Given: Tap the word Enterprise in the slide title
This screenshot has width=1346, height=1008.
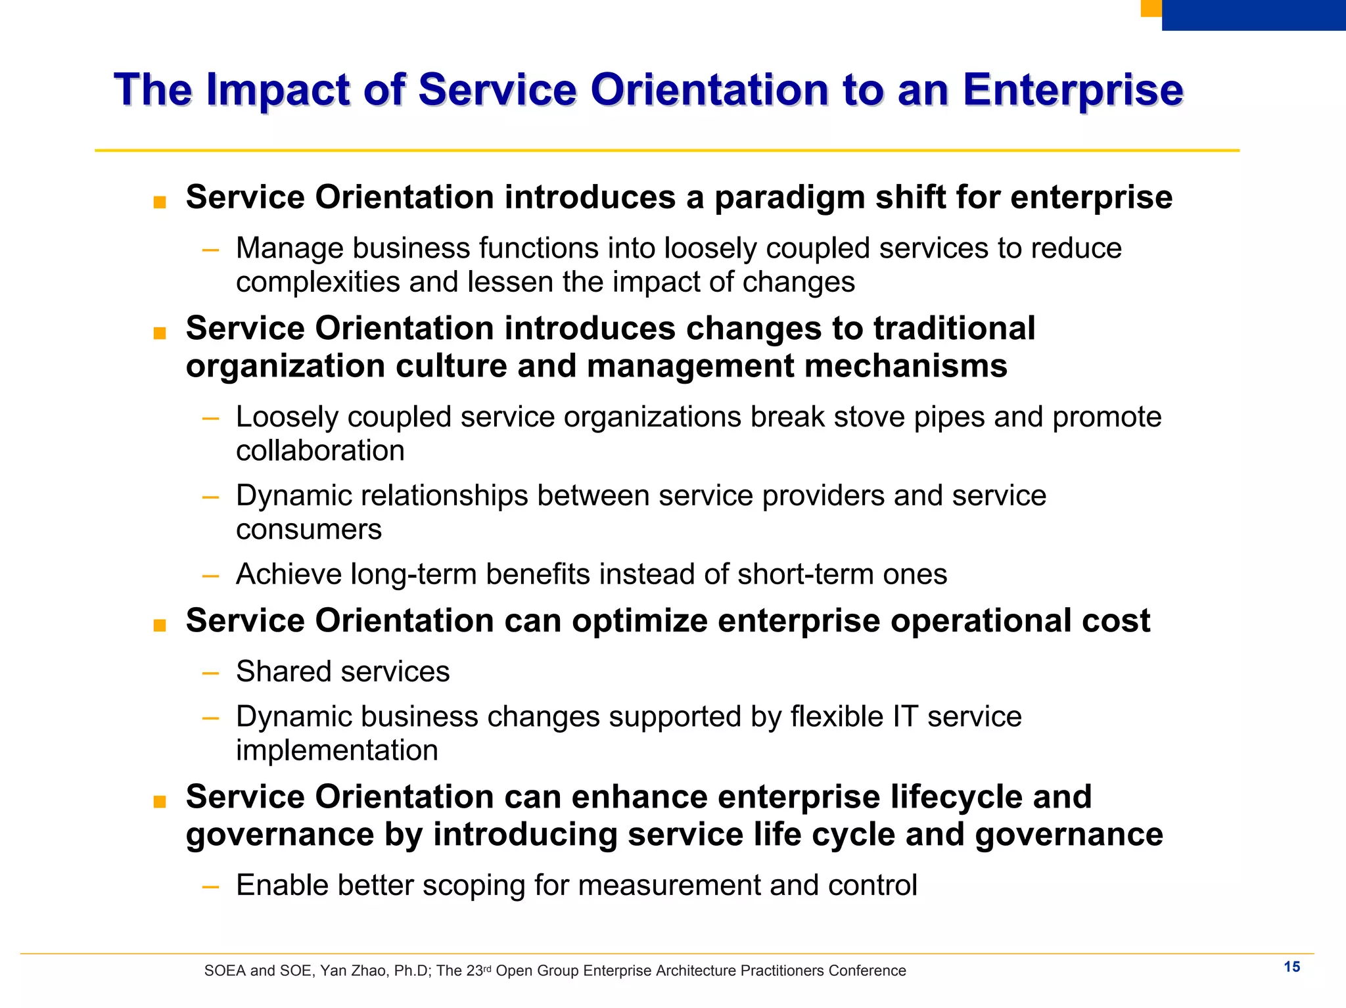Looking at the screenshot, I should [x=1073, y=90].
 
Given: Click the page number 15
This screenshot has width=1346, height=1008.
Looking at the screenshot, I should [x=1291, y=967].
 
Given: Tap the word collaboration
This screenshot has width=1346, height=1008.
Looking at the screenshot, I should [x=320, y=451].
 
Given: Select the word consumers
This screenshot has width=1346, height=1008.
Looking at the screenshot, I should [x=309, y=530].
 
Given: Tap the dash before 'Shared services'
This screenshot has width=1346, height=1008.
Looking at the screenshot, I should [x=210, y=673].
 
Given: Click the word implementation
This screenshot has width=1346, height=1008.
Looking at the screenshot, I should [x=336, y=750].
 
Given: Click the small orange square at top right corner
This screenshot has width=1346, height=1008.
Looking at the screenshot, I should [x=1151, y=8].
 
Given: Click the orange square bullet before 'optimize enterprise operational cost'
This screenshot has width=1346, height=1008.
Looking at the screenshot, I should [x=159, y=626].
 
